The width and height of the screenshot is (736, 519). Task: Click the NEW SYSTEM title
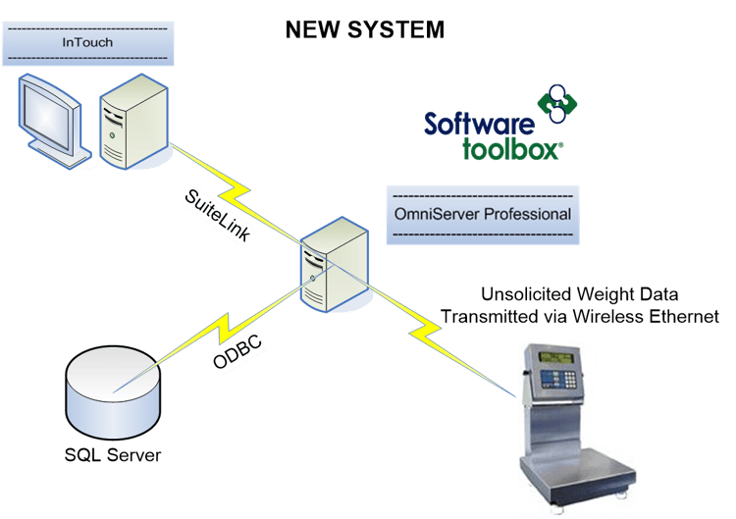[364, 29]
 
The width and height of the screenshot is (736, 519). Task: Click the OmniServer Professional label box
[482, 214]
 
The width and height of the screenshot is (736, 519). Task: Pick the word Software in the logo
[479, 125]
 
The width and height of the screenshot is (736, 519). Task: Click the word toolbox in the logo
[510, 149]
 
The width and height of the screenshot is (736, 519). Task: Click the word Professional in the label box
[529, 214]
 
